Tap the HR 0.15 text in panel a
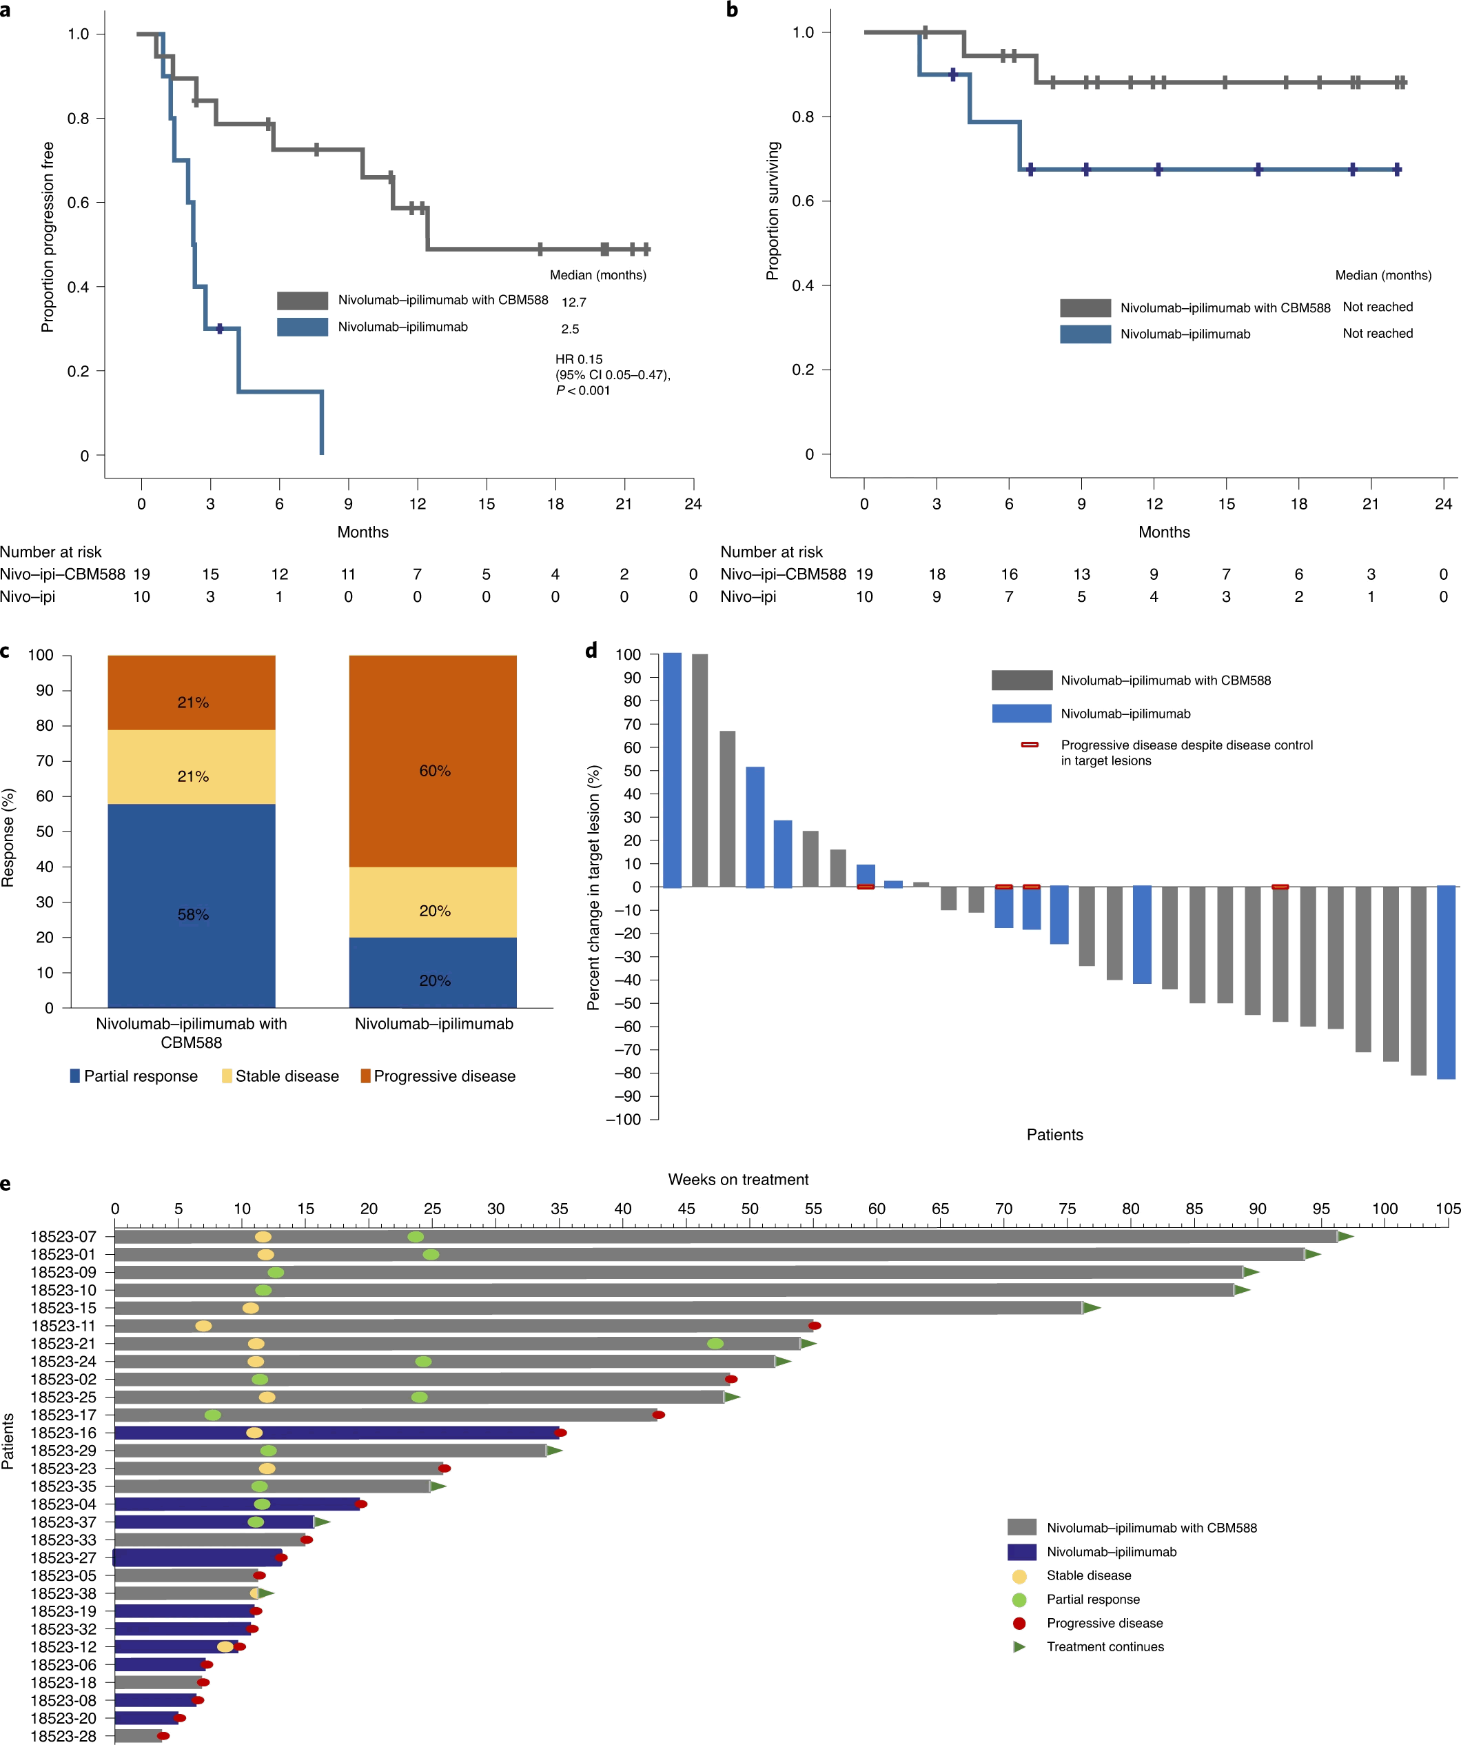point(579,359)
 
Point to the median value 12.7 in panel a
point(574,303)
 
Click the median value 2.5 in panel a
point(570,329)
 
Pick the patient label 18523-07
point(63,1236)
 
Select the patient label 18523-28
point(63,1736)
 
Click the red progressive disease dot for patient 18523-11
point(815,1325)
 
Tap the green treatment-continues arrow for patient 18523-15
point(1092,1308)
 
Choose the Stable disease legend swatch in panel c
point(227,1076)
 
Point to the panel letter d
point(591,651)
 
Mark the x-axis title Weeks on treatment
point(737,1179)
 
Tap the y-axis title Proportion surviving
point(773,210)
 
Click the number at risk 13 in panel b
point(1081,574)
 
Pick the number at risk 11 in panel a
point(348,574)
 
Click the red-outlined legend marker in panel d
point(1029,745)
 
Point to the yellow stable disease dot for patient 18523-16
point(254,1433)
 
